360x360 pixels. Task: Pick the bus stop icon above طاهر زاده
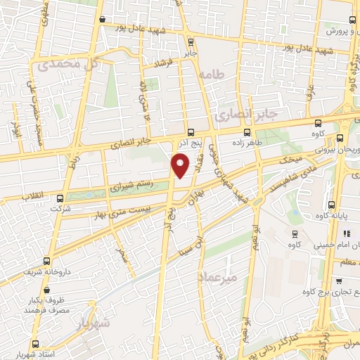pos(247,131)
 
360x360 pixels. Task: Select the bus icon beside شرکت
pos(60,199)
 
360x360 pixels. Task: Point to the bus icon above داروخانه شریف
pos(47,260)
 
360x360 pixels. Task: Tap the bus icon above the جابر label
pos(191,41)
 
